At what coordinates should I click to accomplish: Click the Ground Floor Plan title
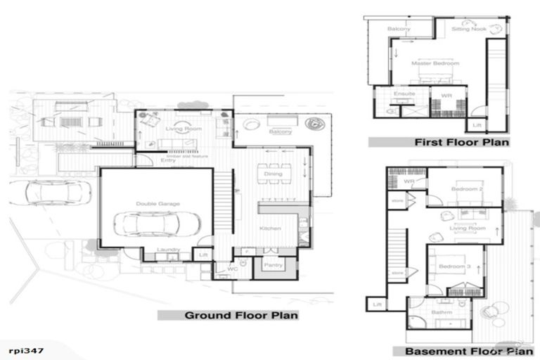click(241, 316)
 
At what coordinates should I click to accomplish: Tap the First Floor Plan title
click(461, 142)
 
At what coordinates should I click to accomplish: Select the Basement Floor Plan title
click(468, 351)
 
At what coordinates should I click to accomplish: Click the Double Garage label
click(158, 204)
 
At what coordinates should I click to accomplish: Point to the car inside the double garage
click(147, 225)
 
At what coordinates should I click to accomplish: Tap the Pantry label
click(272, 266)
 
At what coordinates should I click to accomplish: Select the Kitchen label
click(270, 229)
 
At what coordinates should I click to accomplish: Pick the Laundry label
click(169, 250)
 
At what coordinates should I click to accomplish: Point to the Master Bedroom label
click(435, 64)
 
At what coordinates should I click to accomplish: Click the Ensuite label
click(404, 94)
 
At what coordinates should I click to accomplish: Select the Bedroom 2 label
click(466, 190)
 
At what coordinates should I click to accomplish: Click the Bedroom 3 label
click(454, 266)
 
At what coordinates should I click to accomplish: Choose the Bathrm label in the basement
click(442, 311)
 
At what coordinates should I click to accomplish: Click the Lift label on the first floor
click(477, 124)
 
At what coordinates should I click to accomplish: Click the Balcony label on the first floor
click(399, 30)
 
